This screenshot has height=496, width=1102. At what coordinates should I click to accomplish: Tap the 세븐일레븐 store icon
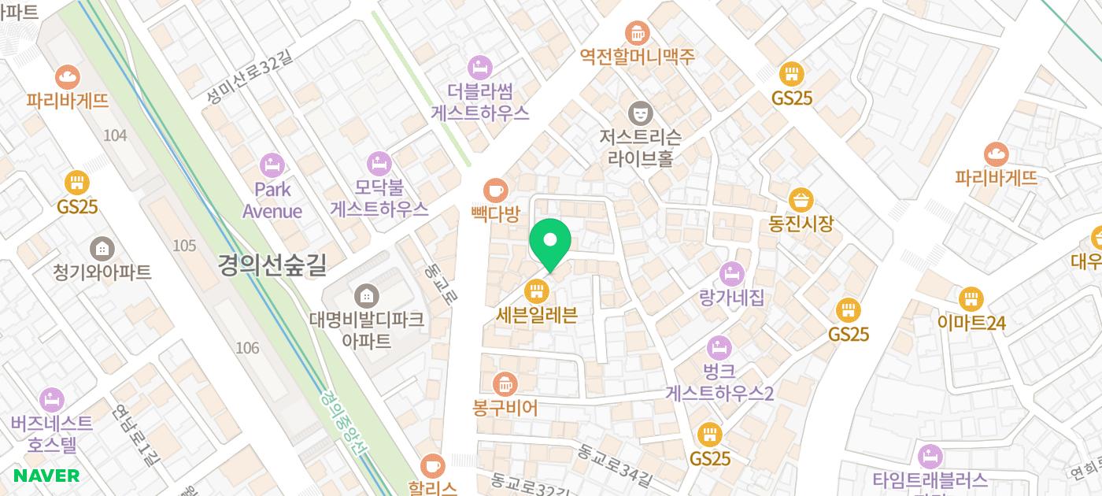point(537,292)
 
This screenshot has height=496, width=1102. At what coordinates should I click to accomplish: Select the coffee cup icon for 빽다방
point(495,190)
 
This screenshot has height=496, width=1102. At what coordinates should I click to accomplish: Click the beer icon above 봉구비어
point(504,384)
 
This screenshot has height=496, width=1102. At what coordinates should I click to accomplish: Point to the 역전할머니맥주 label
point(638,57)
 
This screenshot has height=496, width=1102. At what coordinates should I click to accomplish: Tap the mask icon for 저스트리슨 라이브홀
point(640,113)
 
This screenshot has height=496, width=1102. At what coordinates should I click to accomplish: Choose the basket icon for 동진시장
point(801,200)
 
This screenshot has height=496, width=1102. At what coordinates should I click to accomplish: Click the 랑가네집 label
point(731,298)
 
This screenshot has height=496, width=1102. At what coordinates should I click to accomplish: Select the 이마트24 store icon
point(971,299)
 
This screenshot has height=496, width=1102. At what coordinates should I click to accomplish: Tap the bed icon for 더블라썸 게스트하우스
point(479,67)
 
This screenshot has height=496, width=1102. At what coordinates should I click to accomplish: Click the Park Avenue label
point(272,200)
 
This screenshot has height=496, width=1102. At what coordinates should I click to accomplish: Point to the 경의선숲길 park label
point(272,265)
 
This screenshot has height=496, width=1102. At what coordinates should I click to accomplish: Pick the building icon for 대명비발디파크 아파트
point(366,297)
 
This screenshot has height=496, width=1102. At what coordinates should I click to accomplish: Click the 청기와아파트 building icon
point(102,249)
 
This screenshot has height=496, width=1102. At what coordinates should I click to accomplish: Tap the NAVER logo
point(46,476)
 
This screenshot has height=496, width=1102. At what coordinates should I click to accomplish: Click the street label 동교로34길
point(614,465)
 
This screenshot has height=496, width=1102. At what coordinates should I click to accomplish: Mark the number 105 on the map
point(183,246)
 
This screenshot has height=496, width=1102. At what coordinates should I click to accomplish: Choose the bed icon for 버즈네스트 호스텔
point(51,400)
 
